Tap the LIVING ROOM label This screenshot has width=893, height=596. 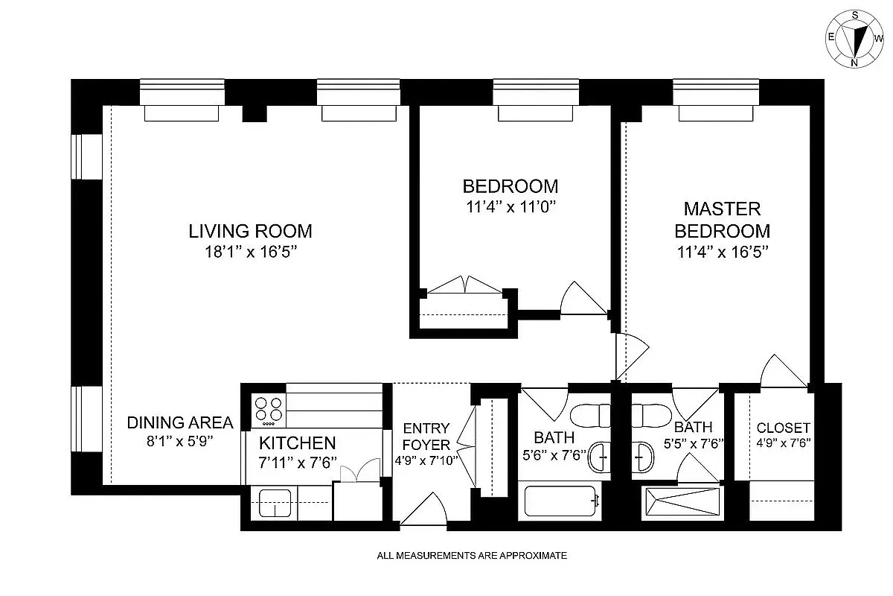tap(250, 231)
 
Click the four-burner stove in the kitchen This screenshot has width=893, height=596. tap(269, 409)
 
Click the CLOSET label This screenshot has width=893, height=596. tap(783, 428)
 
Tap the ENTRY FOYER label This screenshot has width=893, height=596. tap(426, 436)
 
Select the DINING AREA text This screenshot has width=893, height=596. tap(179, 422)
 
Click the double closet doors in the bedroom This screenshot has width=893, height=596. tap(464, 287)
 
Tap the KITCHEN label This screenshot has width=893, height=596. tap(297, 443)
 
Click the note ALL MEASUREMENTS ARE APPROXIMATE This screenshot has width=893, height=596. tap(472, 555)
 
